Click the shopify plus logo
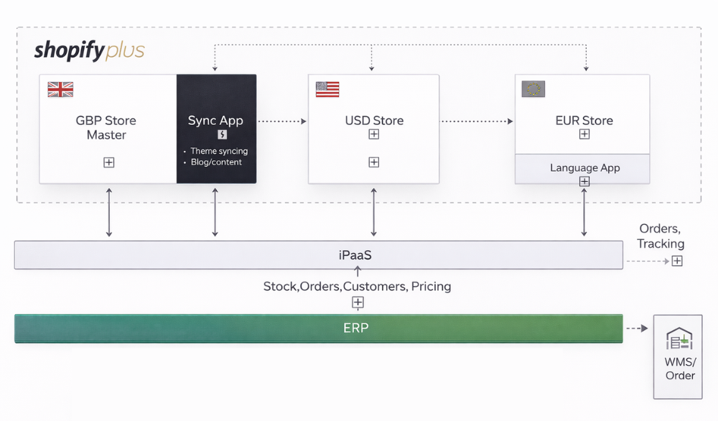pyautogui.click(x=89, y=51)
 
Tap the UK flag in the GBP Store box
pyautogui.click(x=60, y=89)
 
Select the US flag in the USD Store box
pyautogui.click(x=327, y=89)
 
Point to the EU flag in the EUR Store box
pyautogui.click(x=533, y=89)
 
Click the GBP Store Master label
pyautogui.click(x=106, y=128)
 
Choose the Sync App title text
pyautogui.click(x=215, y=121)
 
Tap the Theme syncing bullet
pyautogui.click(x=219, y=152)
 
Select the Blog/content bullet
pyautogui.click(x=216, y=162)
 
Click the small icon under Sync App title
pyautogui.click(x=222, y=134)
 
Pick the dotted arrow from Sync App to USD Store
pyautogui.click(x=281, y=121)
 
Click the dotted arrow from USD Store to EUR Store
pyautogui.click(x=477, y=121)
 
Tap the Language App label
pyautogui.click(x=584, y=167)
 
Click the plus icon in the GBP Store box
pyautogui.click(x=109, y=162)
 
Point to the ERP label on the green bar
pyautogui.click(x=356, y=328)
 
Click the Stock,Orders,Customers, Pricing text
pyautogui.click(x=357, y=286)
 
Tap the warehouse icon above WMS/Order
pyautogui.click(x=679, y=339)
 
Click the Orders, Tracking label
pyautogui.click(x=661, y=236)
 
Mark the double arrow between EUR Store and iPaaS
pyautogui.click(x=584, y=213)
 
